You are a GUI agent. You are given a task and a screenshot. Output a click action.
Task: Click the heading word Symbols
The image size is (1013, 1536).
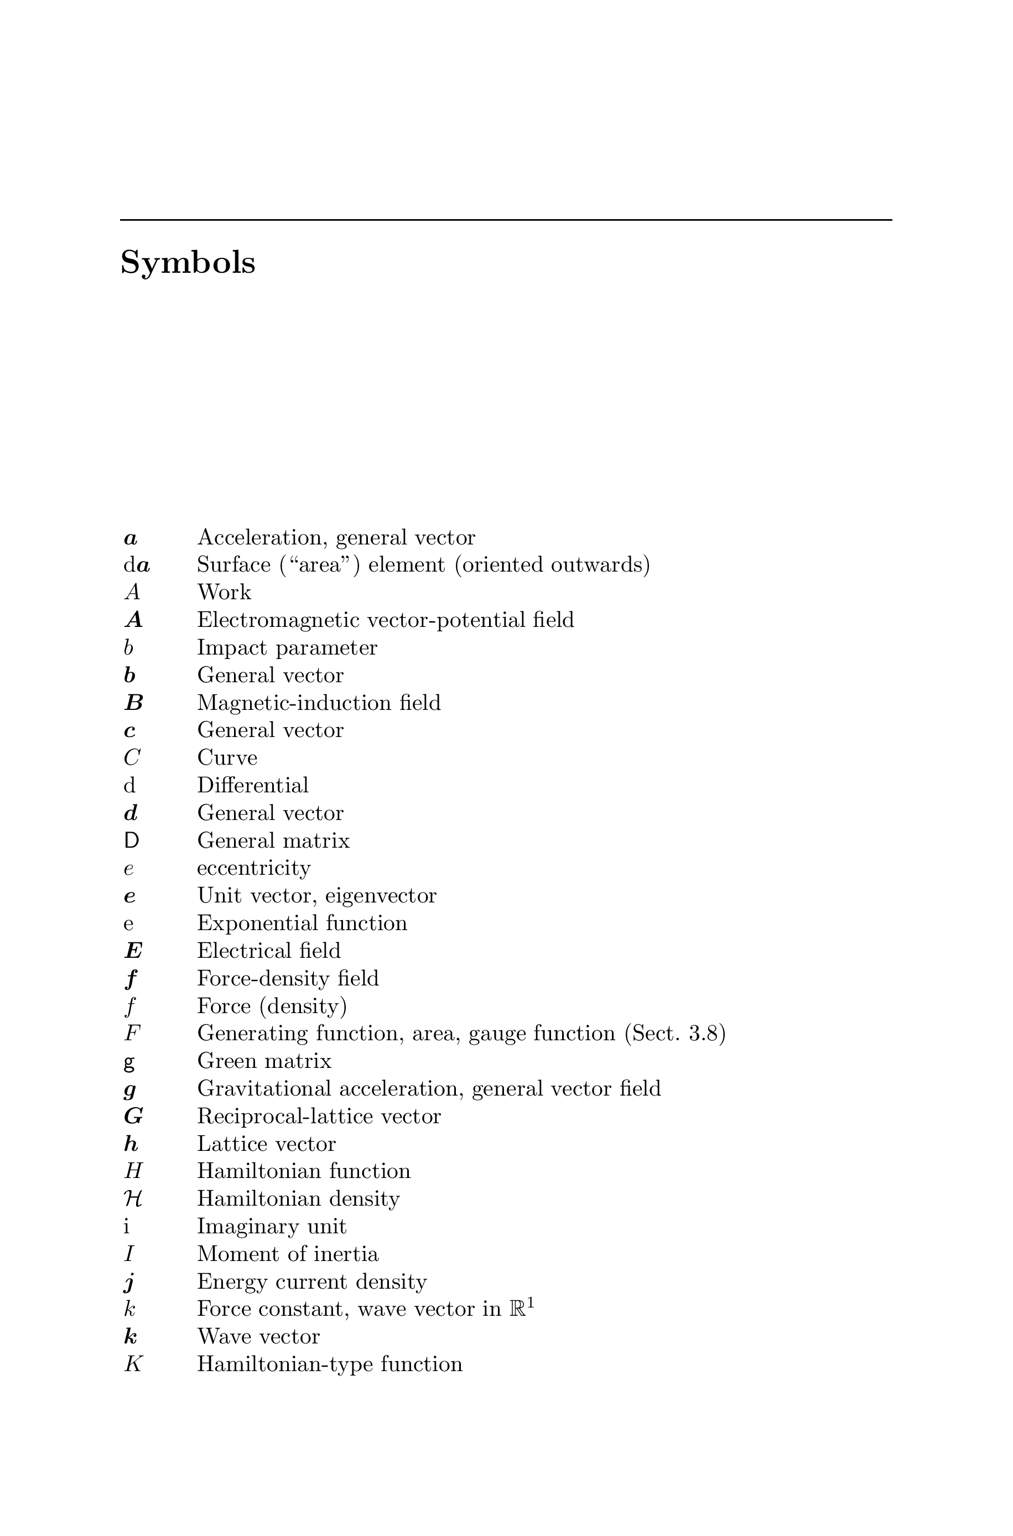pyautogui.click(x=188, y=263)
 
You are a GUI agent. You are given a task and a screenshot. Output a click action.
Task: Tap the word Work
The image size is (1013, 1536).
pyautogui.click(x=224, y=592)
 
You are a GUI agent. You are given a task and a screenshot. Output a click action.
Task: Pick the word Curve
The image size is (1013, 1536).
pyautogui.click(x=227, y=757)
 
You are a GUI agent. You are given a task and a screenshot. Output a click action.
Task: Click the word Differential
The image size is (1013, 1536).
pyautogui.click(x=253, y=786)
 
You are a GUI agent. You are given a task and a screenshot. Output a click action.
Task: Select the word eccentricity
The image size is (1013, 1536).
pyautogui.click(x=253, y=868)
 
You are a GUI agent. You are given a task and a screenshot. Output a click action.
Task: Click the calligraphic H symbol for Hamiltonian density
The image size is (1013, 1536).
pyautogui.click(x=132, y=1200)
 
